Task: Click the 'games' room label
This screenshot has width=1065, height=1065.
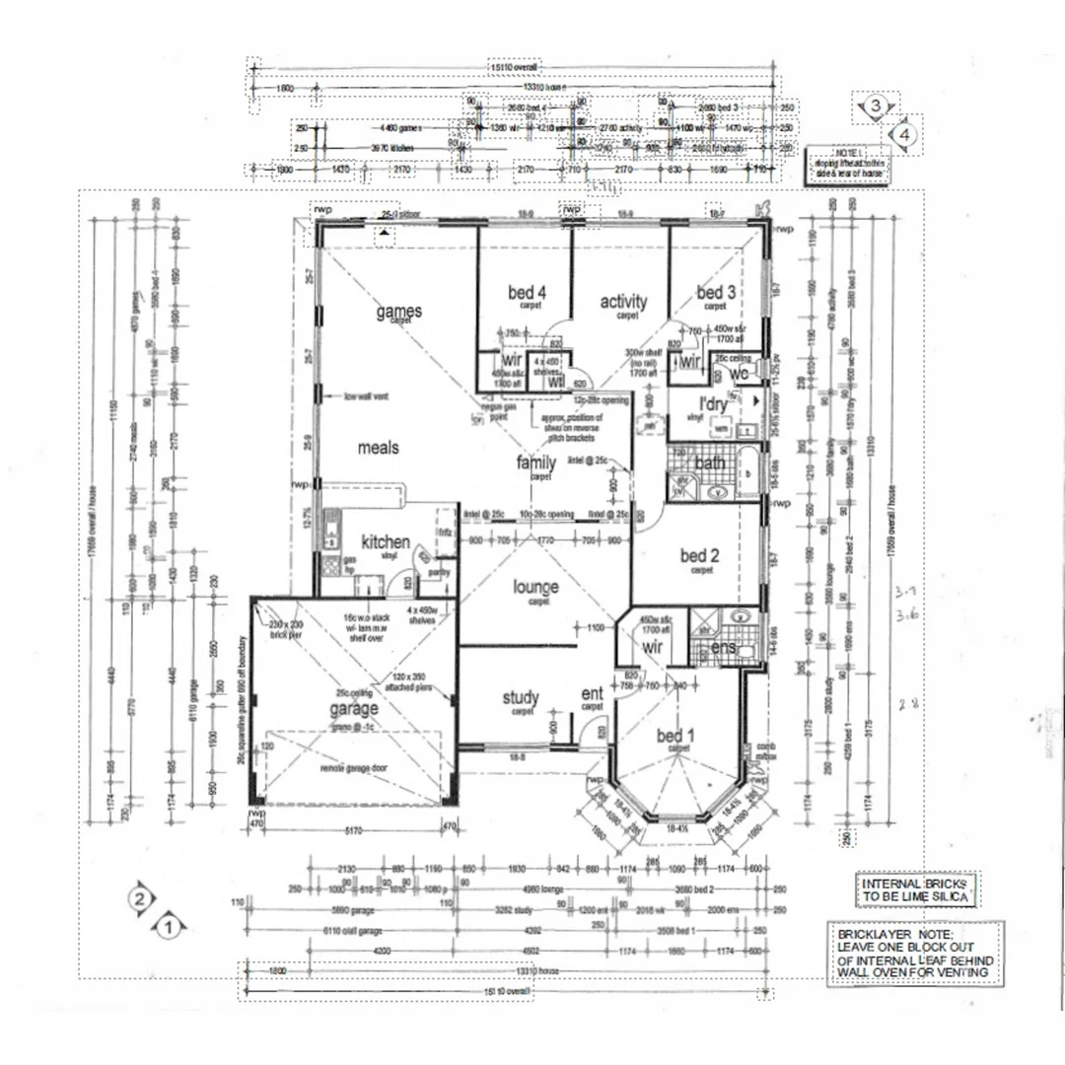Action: point(398,312)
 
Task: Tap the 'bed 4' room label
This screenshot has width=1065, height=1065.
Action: point(528,292)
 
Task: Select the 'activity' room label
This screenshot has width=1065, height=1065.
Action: point(623,302)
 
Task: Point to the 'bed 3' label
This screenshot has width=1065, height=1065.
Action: point(716,292)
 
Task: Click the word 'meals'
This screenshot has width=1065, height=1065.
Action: point(378,448)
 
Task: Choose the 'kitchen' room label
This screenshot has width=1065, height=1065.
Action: point(385,541)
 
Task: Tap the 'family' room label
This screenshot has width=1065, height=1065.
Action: point(536,462)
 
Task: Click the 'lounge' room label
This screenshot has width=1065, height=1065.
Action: point(535,587)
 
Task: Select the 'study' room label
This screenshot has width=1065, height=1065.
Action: point(521,699)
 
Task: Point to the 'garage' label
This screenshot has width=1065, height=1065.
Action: point(353,709)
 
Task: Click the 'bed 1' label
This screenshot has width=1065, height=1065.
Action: point(675,736)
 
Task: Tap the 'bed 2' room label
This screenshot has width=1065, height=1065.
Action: point(700,556)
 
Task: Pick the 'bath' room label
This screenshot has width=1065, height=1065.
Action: point(710,462)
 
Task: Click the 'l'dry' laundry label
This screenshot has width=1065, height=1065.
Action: point(713,405)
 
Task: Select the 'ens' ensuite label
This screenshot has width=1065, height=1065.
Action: point(725,648)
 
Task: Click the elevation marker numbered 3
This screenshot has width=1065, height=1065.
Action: point(874,106)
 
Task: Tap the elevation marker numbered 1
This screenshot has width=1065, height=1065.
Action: point(170,926)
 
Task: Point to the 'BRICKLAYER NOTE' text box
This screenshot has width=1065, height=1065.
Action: point(915,953)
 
